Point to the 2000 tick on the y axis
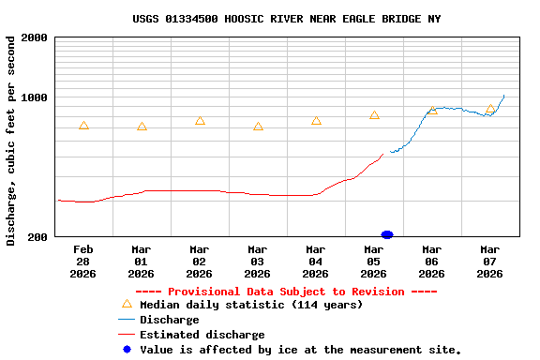[x=34, y=37]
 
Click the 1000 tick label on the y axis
[x=34, y=97]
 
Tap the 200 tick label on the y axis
[x=37, y=237]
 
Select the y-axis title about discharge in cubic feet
[x=10, y=141]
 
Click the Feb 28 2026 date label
[x=82, y=262]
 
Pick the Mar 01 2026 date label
[x=141, y=262]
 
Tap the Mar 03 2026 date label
[x=257, y=262]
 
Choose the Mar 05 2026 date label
[x=373, y=262]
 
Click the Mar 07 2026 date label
[x=489, y=262]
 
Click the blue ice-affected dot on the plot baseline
[x=387, y=234]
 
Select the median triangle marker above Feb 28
[x=83, y=126]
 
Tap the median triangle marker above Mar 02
[x=200, y=121]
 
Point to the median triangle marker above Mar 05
[x=374, y=115]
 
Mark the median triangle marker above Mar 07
[x=490, y=109]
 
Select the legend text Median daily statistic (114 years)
[x=250, y=305]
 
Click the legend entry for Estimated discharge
[x=202, y=335]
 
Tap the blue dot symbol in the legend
[x=127, y=350]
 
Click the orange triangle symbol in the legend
[x=127, y=304]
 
